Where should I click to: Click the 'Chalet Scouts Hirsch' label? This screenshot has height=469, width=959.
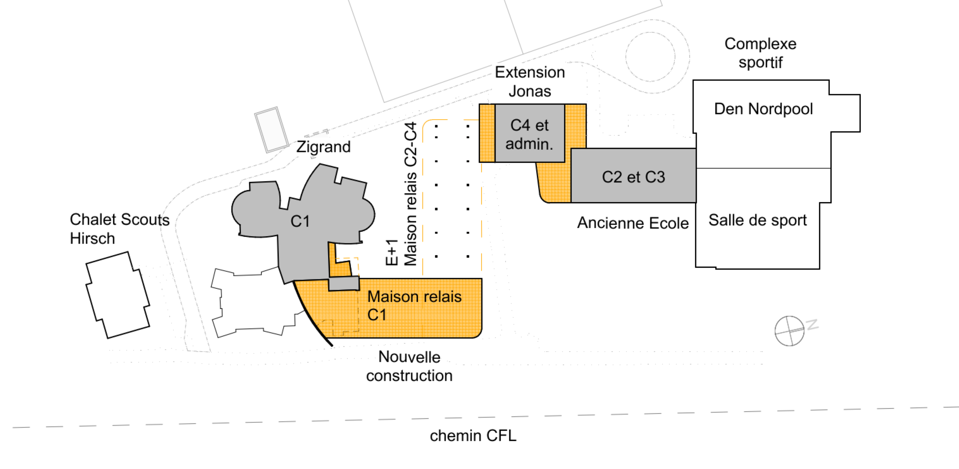(x=120, y=229)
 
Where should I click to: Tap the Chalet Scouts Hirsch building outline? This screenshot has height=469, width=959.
(x=118, y=295)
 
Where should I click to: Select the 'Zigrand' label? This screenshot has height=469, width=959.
(x=323, y=147)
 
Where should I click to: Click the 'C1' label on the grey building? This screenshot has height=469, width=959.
(x=300, y=221)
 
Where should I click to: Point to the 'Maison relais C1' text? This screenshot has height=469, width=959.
(x=414, y=305)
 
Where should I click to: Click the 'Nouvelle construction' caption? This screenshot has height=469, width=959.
(x=409, y=366)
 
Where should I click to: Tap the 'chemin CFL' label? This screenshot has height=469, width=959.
(x=473, y=435)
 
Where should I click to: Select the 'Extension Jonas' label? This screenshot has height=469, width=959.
(x=530, y=81)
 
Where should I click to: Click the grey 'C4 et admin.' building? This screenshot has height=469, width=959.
(x=530, y=133)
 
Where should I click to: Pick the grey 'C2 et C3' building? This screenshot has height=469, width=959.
(x=633, y=175)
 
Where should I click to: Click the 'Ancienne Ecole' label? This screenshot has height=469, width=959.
(x=633, y=223)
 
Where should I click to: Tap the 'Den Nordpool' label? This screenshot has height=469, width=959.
(x=763, y=109)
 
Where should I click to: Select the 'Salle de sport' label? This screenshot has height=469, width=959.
(x=757, y=220)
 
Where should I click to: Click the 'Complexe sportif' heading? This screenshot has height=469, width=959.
(x=760, y=53)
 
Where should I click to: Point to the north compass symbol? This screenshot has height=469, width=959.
(x=789, y=331)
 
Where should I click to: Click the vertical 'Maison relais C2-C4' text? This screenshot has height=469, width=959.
(x=410, y=194)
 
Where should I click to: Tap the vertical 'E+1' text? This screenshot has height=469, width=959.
(x=392, y=252)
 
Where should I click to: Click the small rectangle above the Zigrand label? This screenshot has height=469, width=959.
(x=271, y=130)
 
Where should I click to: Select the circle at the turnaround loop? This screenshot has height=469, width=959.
(x=650, y=57)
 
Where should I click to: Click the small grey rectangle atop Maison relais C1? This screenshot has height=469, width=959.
(x=344, y=283)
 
